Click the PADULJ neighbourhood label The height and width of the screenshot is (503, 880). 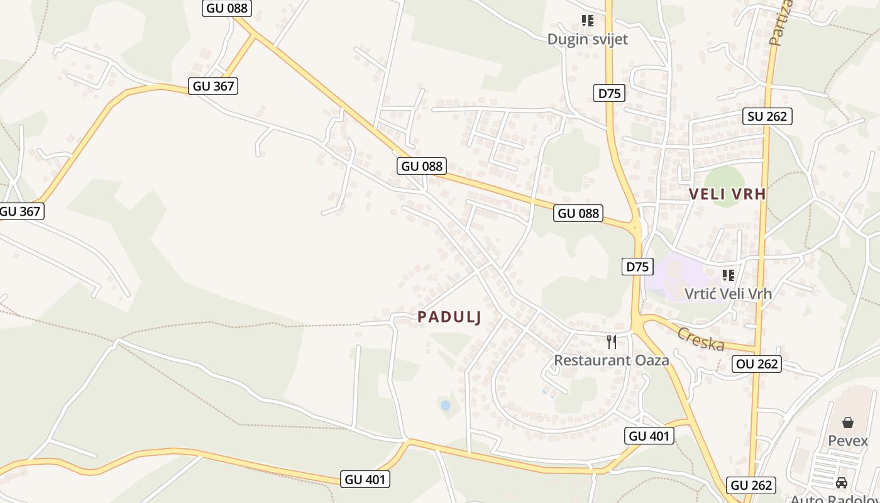[x=449, y=317]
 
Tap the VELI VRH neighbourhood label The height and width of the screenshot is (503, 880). [x=727, y=194]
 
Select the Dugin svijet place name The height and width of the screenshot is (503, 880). [x=587, y=39]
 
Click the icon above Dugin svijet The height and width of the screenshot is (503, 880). [x=588, y=21]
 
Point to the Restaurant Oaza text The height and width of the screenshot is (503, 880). [x=611, y=360]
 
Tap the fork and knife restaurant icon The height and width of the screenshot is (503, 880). [x=611, y=341]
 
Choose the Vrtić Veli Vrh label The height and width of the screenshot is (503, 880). [x=728, y=293]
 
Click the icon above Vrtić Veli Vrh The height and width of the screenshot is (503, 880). [x=729, y=275]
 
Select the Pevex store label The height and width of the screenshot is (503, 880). [x=848, y=441]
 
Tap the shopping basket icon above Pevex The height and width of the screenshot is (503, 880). [x=848, y=423]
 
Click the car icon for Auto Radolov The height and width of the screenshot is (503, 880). [x=842, y=483]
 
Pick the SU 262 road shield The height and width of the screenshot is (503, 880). [x=767, y=116]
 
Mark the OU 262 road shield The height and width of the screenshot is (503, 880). [x=757, y=363]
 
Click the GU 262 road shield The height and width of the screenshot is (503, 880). [x=752, y=485]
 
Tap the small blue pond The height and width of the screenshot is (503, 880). [x=446, y=406]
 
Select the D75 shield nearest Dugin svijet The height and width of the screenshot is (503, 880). [x=609, y=94]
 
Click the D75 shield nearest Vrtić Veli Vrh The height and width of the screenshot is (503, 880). [x=637, y=267]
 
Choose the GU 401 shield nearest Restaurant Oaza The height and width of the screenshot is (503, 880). [x=649, y=436]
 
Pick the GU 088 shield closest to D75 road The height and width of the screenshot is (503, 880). [x=578, y=213]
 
